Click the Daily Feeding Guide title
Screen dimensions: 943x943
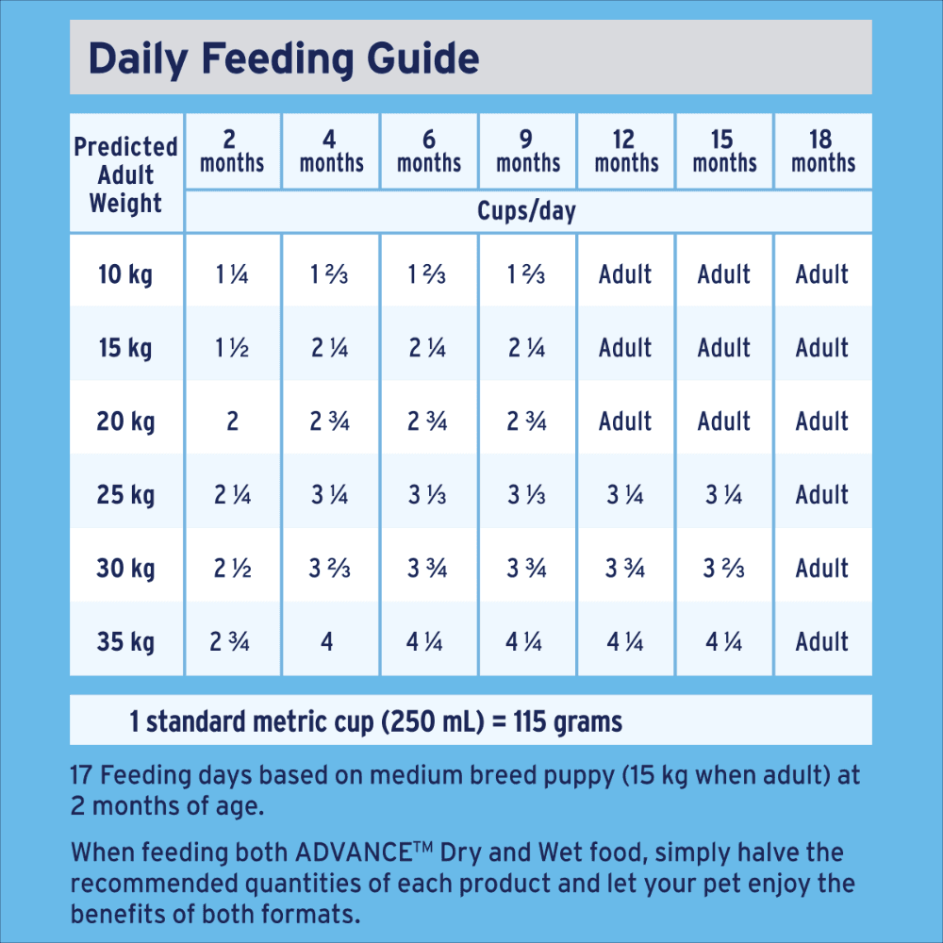284,58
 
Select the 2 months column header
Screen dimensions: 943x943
232,151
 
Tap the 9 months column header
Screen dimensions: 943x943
528,151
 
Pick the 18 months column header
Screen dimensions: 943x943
822,151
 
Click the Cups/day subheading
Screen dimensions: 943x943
526,211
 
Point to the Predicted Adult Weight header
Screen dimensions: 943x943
126,174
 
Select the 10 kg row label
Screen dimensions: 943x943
124,274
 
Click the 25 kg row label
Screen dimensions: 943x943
124,495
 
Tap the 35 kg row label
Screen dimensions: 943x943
124,642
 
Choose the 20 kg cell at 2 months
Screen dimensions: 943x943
232,422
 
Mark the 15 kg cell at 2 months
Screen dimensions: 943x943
232,348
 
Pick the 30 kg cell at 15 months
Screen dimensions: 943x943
723,569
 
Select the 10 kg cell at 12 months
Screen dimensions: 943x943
625,274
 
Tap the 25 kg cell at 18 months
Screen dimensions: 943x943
822,495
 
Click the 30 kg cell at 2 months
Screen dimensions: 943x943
232,569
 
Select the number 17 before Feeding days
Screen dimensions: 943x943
82,776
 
